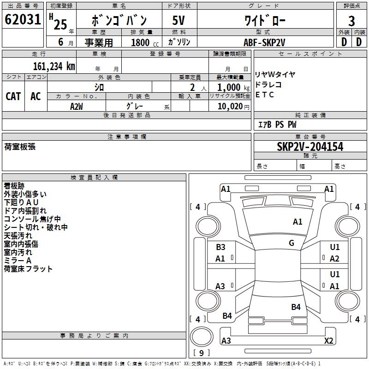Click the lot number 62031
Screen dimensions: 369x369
(23, 21)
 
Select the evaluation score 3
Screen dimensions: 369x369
(351, 21)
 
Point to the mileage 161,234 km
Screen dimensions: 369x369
(54, 66)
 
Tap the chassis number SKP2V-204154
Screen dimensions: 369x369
(310, 147)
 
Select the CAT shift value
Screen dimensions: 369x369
(13, 96)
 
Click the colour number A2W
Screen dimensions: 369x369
(77, 106)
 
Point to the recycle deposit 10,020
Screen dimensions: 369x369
(229, 107)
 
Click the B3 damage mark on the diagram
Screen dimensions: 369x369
(220, 247)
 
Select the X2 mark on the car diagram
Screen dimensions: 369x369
(329, 341)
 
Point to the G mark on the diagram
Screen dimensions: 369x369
(292, 243)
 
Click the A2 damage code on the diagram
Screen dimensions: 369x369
(335, 259)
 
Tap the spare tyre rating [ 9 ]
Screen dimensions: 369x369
(202, 353)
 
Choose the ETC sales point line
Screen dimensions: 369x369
(265, 95)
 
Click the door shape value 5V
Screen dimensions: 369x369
(179, 21)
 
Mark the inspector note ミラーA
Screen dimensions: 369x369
(18, 261)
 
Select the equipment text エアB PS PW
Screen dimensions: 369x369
(277, 125)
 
